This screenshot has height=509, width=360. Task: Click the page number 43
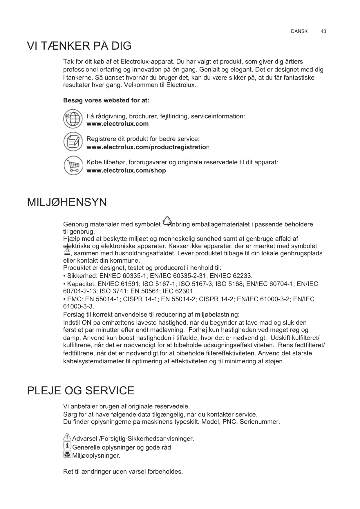pos(323,31)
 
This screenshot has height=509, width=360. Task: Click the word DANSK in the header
pos(299,31)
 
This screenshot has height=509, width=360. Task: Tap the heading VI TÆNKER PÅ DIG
pos(79,46)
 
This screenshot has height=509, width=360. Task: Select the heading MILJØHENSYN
pos(67,202)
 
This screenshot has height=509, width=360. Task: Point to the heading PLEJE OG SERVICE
pos(81,391)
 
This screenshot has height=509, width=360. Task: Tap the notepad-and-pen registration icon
pos(73,142)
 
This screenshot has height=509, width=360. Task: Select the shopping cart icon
pos(73,166)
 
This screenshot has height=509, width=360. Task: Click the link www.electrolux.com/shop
pos(126,171)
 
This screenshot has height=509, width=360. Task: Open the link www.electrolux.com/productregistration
pos(148,147)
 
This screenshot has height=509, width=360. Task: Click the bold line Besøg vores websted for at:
pos(106,100)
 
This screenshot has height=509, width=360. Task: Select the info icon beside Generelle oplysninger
pos(67,446)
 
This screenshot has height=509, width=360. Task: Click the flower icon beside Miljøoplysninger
pos(67,454)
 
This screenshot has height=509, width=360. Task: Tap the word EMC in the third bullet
pos(74,299)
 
